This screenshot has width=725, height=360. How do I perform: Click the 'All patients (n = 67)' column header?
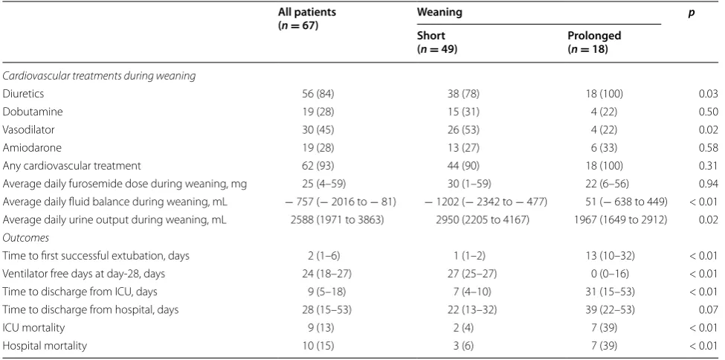[x=307, y=19]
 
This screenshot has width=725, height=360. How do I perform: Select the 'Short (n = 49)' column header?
[x=437, y=42]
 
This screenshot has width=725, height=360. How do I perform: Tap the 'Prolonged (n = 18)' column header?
[x=594, y=42]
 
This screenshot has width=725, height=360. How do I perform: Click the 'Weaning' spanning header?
[x=439, y=13]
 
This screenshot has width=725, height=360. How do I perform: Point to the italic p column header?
[x=692, y=13]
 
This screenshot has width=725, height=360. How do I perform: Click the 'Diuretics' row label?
[x=23, y=94]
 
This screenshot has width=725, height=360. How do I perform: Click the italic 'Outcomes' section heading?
[x=26, y=238]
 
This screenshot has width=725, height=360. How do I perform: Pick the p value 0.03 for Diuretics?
[x=709, y=94]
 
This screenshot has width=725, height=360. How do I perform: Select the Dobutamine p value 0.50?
[x=709, y=112]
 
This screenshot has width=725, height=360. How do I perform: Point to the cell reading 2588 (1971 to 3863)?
[x=337, y=220]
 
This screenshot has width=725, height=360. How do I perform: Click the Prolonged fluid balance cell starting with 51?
[x=620, y=202]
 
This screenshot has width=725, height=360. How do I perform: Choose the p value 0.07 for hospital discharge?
[x=709, y=309]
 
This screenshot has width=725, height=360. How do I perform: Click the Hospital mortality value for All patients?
[x=318, y=346]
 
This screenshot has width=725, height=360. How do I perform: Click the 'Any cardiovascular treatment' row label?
[x=71, y=166]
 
